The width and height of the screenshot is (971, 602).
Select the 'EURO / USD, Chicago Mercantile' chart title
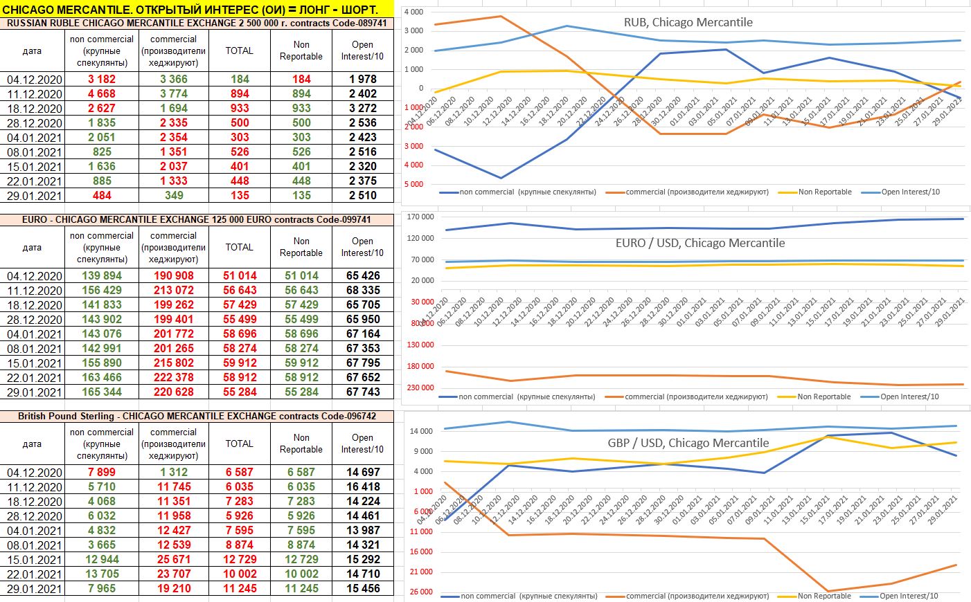[700, 243]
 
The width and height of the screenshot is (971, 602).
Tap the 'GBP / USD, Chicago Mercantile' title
[688, 443]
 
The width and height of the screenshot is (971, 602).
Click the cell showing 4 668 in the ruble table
[101, 94]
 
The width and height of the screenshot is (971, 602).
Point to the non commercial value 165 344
[101, 392]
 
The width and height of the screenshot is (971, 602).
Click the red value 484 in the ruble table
[101, 196]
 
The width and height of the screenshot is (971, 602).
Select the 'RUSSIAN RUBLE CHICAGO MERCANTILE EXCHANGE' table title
[197, 23]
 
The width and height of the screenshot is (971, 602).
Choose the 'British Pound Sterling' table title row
[197, 417]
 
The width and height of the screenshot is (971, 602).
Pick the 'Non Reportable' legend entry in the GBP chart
[823, 596]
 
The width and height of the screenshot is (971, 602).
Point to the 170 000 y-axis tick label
[420, 217]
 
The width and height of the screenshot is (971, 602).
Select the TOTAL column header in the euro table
[239, 247]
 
